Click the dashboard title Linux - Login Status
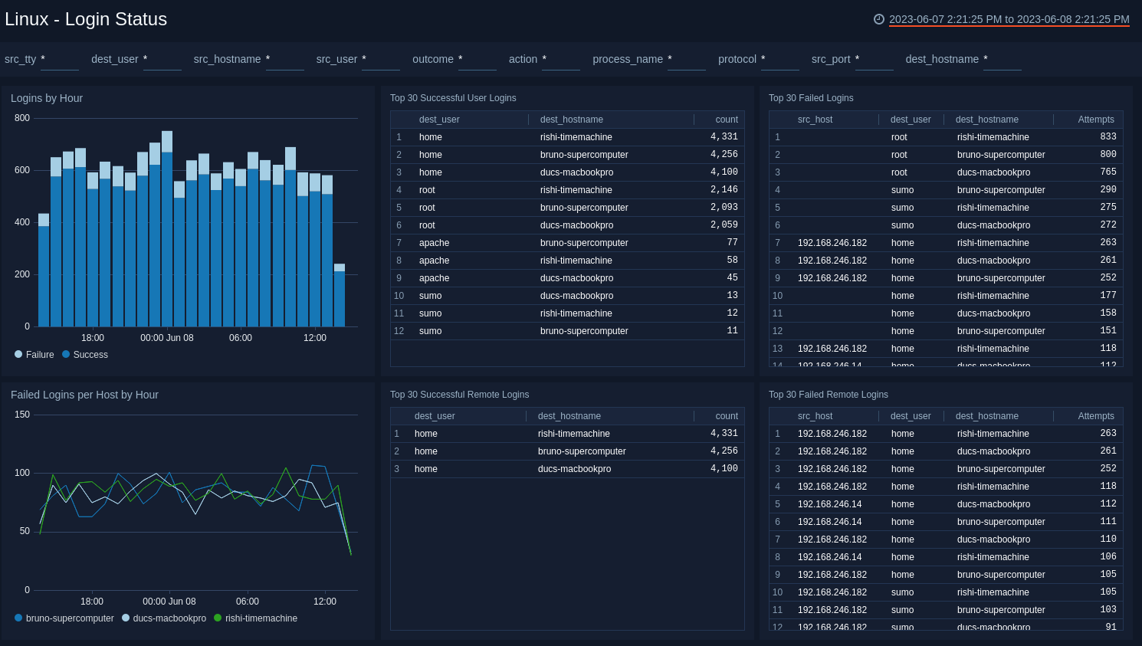(x=86, y=19)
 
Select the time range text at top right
(x=1009, y=19)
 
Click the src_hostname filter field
(x=284, y=60)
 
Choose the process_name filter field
(x=686, y=60)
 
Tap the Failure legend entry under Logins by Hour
(x=34, y=355)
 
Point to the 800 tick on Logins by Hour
(x=22, y=118)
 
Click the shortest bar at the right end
(x=340, y=295)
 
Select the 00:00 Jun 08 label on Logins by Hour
(x=167, y=338)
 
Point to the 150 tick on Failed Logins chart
(x=22, y=415)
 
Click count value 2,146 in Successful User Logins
(x=724, y=190)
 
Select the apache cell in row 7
(x=434, y=243)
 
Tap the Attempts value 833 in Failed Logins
(x=1108, y=137)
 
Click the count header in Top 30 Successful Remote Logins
(x=726, y=416)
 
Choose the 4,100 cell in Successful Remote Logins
(x=724, y=469)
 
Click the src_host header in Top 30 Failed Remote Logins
(x=815, y=416)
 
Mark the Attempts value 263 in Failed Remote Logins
(x=1108, y=434)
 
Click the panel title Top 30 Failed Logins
(x=811, y=98)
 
